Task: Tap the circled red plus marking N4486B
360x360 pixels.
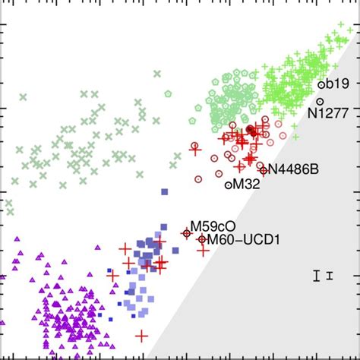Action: click(x=263, y=170)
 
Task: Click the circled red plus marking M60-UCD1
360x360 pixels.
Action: click(x=201, y=240)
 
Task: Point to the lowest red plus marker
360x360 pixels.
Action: click(x=141, y=335)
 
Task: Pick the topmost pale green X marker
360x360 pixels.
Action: click(x=156, y=74)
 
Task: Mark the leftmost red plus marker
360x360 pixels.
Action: click(x=113, y=276)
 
